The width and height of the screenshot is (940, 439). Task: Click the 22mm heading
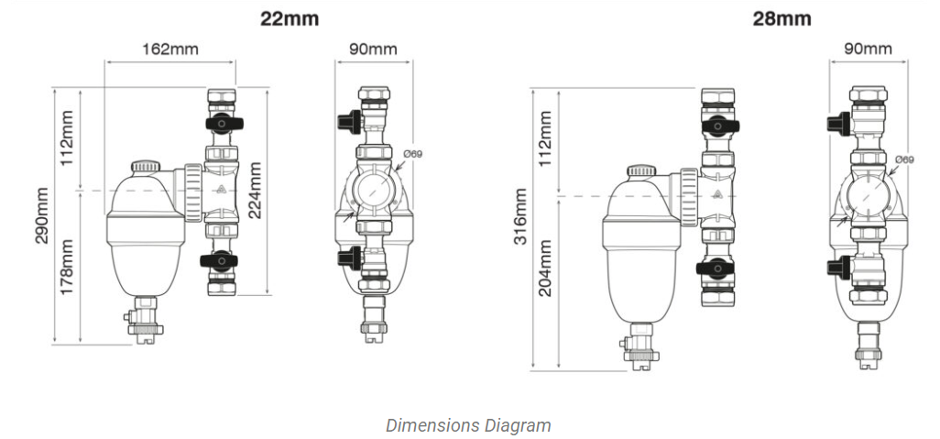[289, 18]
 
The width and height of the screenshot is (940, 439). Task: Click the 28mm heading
[782, 18]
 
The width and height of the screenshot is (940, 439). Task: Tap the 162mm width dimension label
[169, 49]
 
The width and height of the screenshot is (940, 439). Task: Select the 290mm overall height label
[41, 215]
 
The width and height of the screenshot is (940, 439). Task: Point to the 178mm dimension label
[67, 267]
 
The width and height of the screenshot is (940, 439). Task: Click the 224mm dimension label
[255, 190]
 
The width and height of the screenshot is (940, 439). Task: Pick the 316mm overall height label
[520, 216]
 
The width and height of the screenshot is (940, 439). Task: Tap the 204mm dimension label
[545, 269]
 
